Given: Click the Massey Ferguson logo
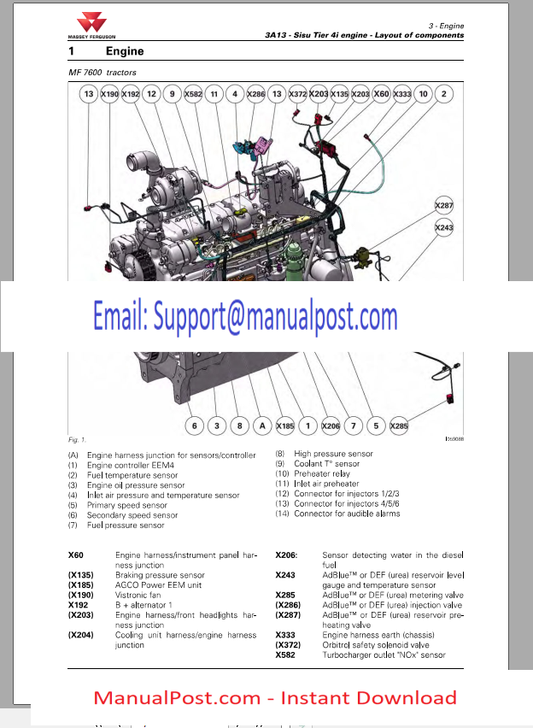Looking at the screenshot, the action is pos(91,26).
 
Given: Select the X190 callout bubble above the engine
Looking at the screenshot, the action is pos(109,94).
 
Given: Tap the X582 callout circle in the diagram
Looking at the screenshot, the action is pos(193,94).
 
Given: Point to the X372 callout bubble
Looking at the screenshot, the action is pos(297,94).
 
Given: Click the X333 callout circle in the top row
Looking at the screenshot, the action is pos(402,94).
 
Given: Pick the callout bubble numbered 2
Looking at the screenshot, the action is pos(444,94).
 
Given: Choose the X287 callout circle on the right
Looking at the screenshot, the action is pos(444,205).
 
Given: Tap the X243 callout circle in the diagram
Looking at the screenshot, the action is pos(444,227).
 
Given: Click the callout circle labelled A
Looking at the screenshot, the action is pos(262,426).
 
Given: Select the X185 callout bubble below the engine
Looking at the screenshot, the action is pos(285,426).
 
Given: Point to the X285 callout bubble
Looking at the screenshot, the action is pos(399,426).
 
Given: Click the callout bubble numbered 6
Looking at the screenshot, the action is pos(195,426).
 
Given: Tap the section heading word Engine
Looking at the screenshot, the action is pos(125,51).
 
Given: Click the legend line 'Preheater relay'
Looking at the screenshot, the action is pos(322,473).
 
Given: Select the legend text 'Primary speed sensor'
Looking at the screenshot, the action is pos(126,505).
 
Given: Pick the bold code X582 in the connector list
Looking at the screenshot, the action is pos(285,655).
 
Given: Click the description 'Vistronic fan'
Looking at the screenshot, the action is pos(138,595).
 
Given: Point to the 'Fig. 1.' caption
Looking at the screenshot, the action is pos(77,439).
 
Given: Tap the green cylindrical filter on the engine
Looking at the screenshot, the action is pos(295,263).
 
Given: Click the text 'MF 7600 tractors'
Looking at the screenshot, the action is pos(102,73).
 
